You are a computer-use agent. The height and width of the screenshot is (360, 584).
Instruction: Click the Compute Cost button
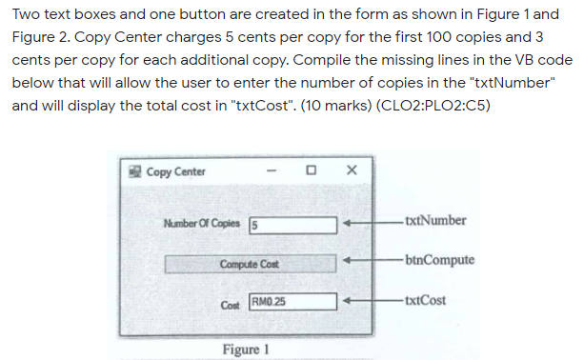pos(250,263)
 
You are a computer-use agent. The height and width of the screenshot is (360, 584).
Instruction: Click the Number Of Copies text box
pos(293,225)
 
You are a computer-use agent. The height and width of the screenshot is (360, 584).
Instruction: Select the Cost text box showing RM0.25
pos(293,301)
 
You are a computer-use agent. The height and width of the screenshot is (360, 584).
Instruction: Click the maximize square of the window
pos(311,171)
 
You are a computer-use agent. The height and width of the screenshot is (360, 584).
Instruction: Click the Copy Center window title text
pos(175,171)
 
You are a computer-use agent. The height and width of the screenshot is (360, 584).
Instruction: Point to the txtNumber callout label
pos(434,221)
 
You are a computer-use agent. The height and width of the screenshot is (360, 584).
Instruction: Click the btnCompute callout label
pos(438,260)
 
